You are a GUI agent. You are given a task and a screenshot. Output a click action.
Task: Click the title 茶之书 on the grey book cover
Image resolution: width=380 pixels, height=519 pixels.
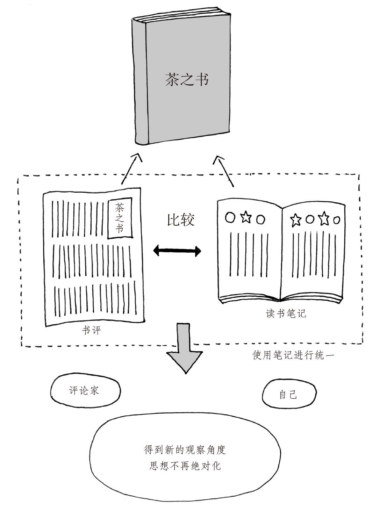[187, 79]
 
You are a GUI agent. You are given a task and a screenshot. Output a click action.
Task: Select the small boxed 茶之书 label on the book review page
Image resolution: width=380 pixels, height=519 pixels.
[120, 219]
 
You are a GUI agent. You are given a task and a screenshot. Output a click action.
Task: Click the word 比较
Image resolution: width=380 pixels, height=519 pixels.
[180, 220]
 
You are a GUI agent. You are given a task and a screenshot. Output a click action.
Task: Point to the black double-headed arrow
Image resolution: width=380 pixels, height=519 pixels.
[178, 250]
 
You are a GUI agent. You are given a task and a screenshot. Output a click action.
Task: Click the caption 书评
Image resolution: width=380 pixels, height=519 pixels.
[92, 330]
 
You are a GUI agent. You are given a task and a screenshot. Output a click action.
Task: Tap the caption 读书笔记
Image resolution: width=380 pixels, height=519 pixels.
[286, 313]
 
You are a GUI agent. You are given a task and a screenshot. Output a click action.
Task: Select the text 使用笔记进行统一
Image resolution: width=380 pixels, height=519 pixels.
[294, 355]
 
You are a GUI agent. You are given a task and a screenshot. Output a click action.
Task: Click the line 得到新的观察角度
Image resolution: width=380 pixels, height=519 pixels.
[185, 449]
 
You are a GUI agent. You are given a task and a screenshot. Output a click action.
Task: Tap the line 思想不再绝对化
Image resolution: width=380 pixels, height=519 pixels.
[185, 466]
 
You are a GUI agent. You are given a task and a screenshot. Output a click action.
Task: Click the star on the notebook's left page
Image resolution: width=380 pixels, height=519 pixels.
[246, 217]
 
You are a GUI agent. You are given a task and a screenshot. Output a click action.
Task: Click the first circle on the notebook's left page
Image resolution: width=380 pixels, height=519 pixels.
[230, 217]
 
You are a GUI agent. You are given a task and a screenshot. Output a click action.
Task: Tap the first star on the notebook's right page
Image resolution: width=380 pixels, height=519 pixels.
[296, 220]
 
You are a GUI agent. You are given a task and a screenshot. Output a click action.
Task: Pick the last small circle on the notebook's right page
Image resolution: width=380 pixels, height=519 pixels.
[336, 220]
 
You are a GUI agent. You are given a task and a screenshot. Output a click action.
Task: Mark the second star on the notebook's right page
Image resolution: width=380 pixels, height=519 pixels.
[323, 219]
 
